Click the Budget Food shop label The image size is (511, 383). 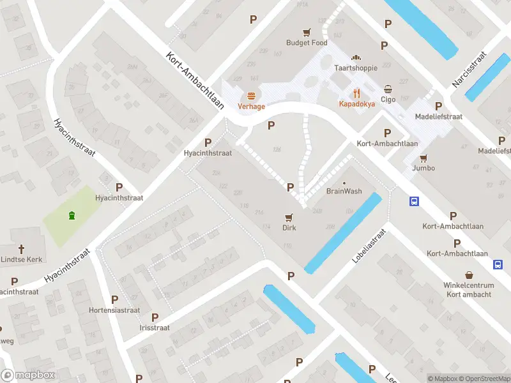point(307,43)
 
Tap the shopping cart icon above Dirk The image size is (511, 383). point(290,217)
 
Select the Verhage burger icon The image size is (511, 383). point(252,96)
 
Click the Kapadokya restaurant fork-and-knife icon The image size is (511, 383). point(356,92)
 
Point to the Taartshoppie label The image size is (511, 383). point(356,68)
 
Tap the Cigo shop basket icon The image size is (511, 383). point(388,89)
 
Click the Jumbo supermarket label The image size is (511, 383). point(423,168)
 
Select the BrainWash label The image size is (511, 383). point(344,191)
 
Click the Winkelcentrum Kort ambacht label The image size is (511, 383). point(469,290)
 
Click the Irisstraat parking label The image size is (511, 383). point(155,327)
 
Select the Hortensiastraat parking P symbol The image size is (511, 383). point(115,299)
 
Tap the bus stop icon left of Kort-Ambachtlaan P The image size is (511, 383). point(415,202)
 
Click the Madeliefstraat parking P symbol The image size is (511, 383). point(438,106)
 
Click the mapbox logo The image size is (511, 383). point(27,375)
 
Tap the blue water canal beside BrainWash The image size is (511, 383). point(344,233)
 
